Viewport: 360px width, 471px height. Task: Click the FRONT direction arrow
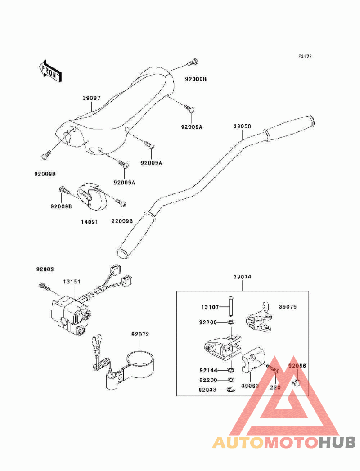[50, 71]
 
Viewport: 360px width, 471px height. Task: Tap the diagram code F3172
[305, 57]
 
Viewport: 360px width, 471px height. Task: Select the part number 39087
[91, 98]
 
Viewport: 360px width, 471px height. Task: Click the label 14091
[89, 221]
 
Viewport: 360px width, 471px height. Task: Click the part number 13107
[210, 307]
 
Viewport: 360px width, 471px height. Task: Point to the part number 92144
[209, 370]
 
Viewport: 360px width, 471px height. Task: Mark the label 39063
[250, 386]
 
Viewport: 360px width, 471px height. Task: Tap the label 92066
[297, 366]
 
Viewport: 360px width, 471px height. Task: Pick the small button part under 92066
[297, 382]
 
